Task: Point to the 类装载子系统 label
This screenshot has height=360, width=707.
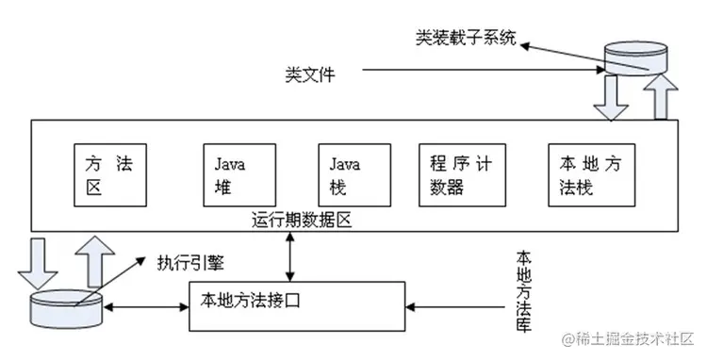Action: point(466,39)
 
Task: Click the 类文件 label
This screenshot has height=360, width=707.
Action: point(311,72)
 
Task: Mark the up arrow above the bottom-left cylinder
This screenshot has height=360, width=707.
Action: point(95,260)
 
